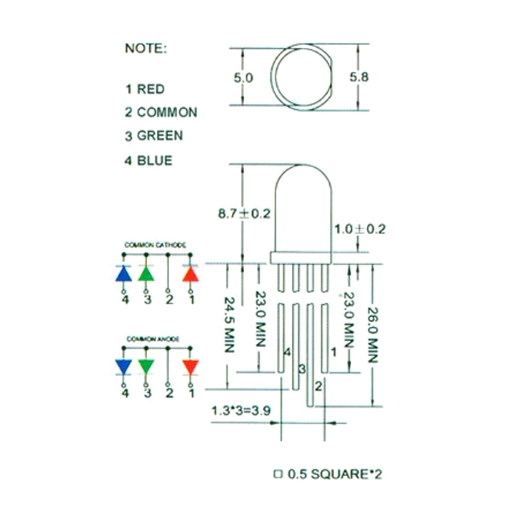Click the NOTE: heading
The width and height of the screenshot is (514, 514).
(146, 49)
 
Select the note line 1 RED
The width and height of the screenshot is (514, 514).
(145, 89)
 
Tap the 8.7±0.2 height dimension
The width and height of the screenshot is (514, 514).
(244, 213)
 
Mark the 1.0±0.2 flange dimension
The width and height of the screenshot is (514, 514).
(360, 229)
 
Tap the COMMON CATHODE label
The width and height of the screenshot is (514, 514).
(156, 245)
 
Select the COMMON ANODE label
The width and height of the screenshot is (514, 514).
(153, 338)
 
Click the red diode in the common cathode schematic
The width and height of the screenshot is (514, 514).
(191, 274)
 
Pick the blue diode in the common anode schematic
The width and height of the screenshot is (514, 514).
(124, 367)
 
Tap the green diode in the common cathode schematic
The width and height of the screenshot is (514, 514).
(146, 274)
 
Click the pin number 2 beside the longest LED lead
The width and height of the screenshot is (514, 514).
(319, 385)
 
